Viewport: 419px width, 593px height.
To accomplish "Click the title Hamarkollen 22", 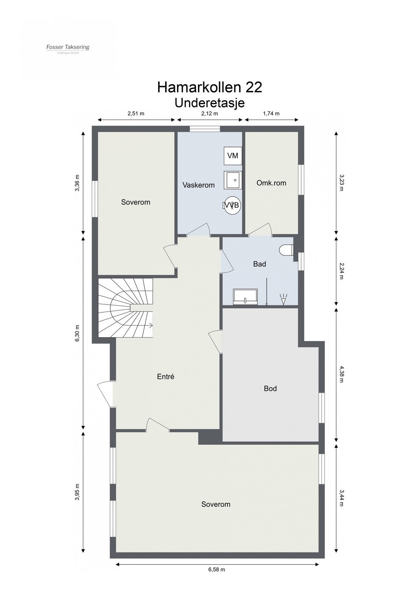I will (210, 87).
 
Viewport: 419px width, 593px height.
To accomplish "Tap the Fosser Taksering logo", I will (68, 47).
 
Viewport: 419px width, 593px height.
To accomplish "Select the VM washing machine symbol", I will (233, 156).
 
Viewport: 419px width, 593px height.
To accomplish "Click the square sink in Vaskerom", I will (233, 180).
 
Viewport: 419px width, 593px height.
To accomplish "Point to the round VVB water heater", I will (232, 205).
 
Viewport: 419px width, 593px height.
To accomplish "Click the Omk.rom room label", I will (271, 183).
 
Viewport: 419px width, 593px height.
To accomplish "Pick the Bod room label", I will (270, 388).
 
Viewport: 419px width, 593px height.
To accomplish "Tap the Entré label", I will (165, 377).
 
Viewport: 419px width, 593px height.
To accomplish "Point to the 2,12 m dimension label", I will (210, 114).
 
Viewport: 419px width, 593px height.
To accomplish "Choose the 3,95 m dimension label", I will (77, 491).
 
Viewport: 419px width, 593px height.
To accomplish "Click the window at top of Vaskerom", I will (205, 129).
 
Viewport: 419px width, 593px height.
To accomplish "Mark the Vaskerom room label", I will (199, 185).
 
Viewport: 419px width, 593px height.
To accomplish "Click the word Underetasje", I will (210, 102).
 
